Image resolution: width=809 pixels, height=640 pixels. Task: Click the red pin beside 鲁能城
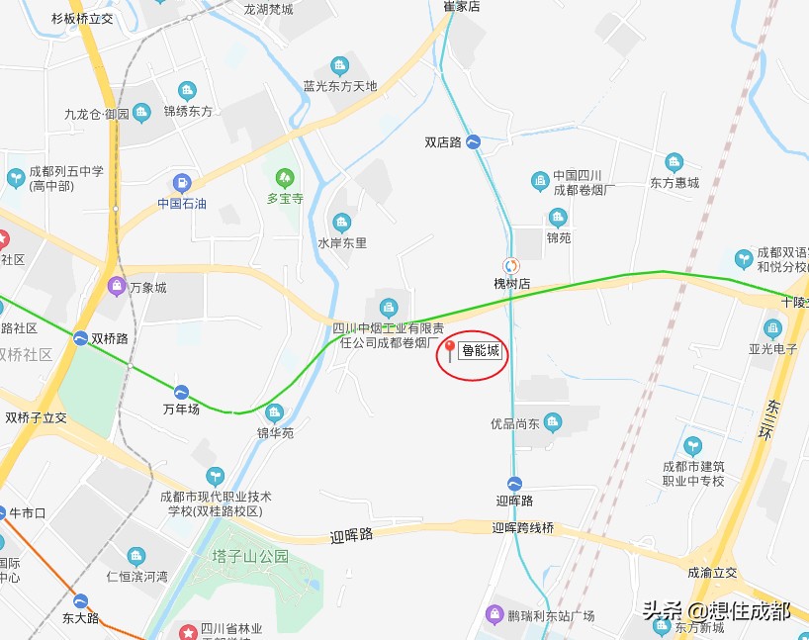(450, 349)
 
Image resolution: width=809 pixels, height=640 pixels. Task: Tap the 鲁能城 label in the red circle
(481, 351)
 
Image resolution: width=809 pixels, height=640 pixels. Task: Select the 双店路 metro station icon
(474, 142)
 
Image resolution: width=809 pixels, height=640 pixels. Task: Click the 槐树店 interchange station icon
(511, 265)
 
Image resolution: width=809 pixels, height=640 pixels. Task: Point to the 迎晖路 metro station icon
(514, 484)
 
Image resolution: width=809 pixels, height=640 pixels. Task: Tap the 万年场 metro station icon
(181, 392)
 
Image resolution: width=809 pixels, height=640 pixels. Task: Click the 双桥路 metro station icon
(80, 338)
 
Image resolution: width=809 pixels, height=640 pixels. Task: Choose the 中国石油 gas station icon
(182, 183)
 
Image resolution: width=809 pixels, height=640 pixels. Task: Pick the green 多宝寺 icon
(285, 178)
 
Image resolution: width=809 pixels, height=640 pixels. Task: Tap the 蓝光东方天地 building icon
(339, 66)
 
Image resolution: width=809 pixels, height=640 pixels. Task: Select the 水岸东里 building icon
(342, 222)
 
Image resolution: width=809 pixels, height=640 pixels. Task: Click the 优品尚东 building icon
(553, 422)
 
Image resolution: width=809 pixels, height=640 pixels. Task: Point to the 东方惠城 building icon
(674, 162)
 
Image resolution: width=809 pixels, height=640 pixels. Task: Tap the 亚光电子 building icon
(772, 328)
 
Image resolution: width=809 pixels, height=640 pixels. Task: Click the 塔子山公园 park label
(251, 556)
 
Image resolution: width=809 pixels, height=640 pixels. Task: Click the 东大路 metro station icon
(80, 601)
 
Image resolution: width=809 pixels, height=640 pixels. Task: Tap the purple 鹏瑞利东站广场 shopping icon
(494, 615)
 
